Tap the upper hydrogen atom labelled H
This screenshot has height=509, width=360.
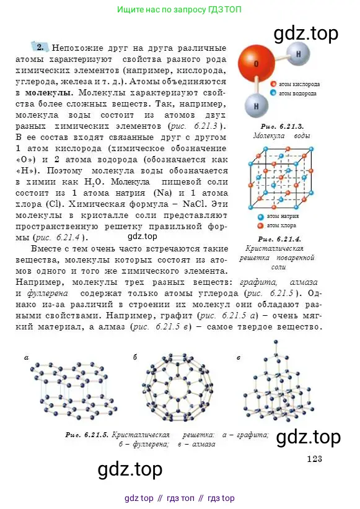[298, 54]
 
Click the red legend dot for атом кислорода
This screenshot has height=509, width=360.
[273, 83]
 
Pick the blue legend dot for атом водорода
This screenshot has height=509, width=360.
[273, 93]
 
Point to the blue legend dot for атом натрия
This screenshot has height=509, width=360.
[261, 217]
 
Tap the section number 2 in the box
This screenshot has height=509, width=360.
[40, 47]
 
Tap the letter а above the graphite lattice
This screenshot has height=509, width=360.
[27, 357]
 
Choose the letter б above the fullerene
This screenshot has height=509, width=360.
[136, 357]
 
